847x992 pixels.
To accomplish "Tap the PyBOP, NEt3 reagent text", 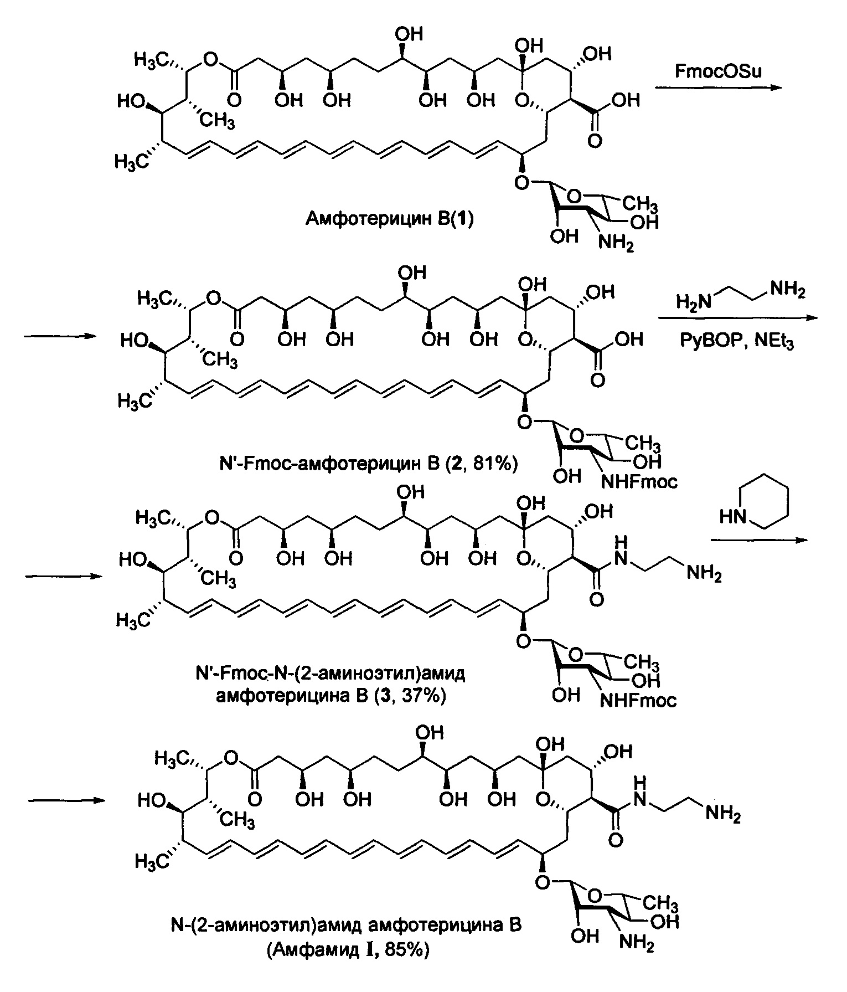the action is click(737, 341).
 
